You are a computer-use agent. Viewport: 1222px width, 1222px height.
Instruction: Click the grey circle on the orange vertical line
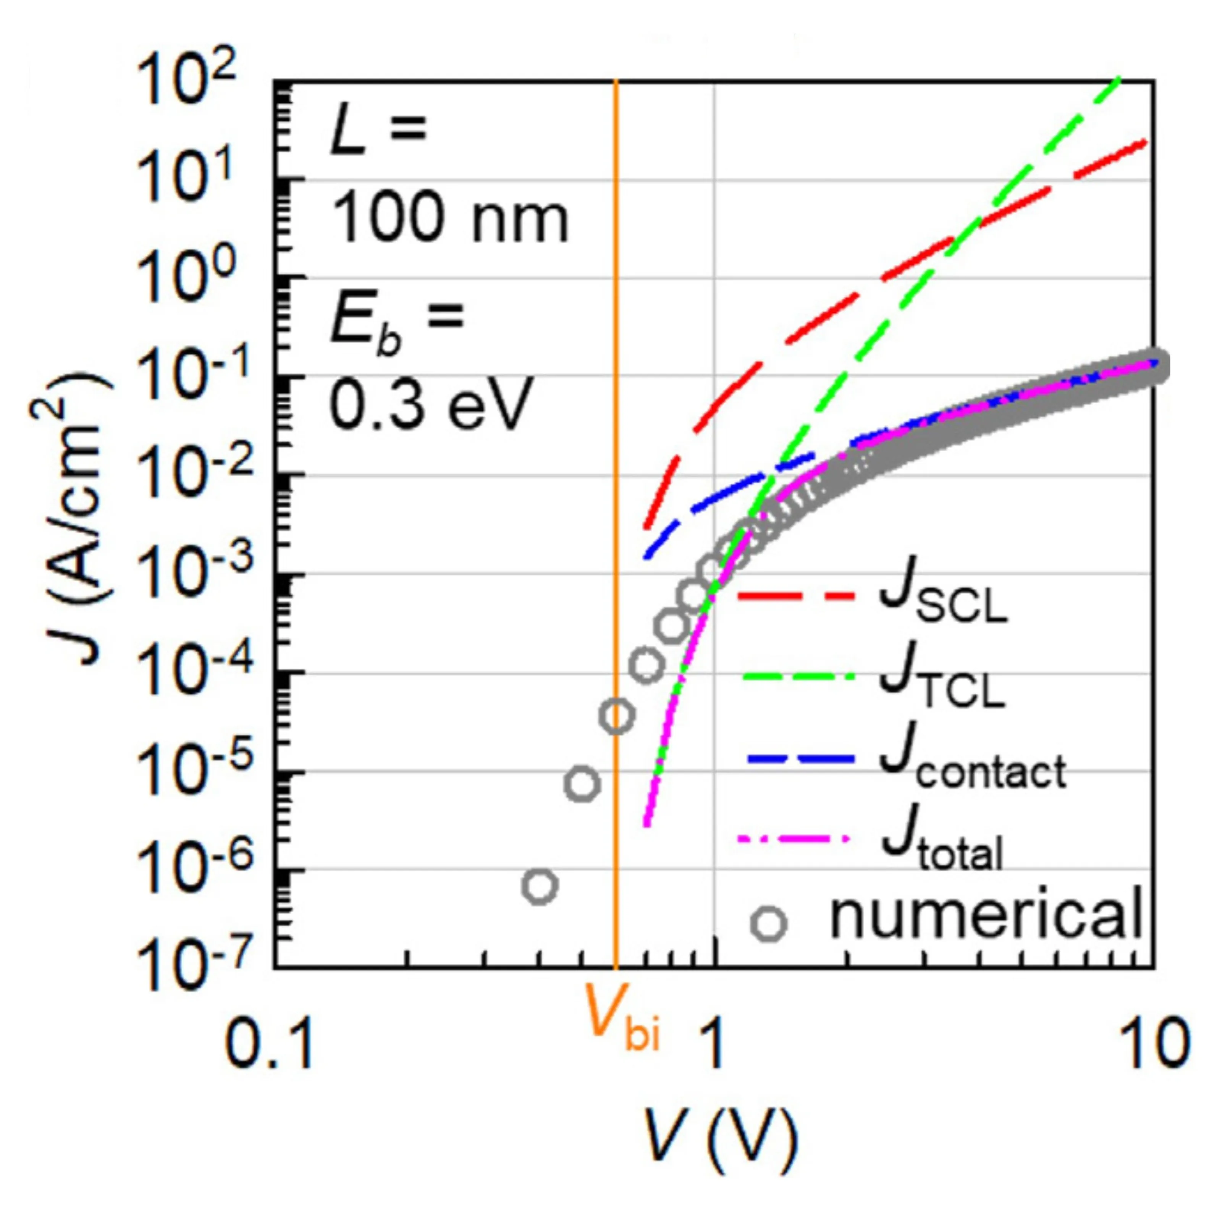point(616,716)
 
